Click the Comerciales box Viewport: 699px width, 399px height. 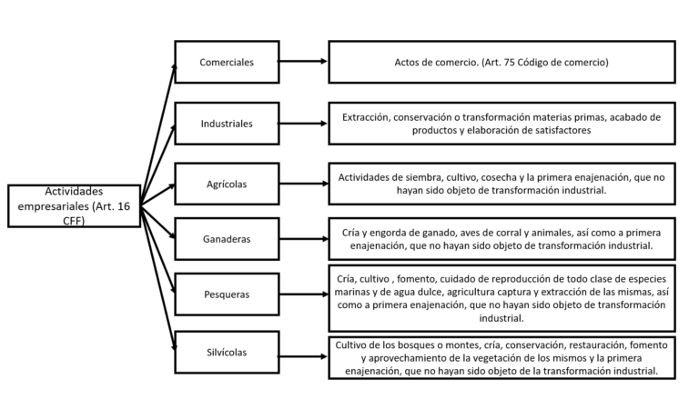227,62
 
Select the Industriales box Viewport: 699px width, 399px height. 227,124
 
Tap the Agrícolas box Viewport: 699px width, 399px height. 227,184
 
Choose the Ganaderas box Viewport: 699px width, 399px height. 227,239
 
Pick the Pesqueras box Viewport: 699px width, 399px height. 227,294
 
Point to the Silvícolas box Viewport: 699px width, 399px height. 227,353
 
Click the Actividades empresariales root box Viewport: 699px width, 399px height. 74,205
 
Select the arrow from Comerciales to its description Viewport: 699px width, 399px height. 303,61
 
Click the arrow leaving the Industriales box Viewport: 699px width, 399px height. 303,124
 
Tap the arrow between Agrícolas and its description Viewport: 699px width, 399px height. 304,184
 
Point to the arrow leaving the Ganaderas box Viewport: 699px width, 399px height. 304,239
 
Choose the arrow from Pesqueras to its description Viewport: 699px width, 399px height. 304,294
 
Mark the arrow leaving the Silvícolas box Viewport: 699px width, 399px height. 303,356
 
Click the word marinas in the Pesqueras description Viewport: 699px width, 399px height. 350,292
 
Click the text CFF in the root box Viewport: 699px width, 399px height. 74,221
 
